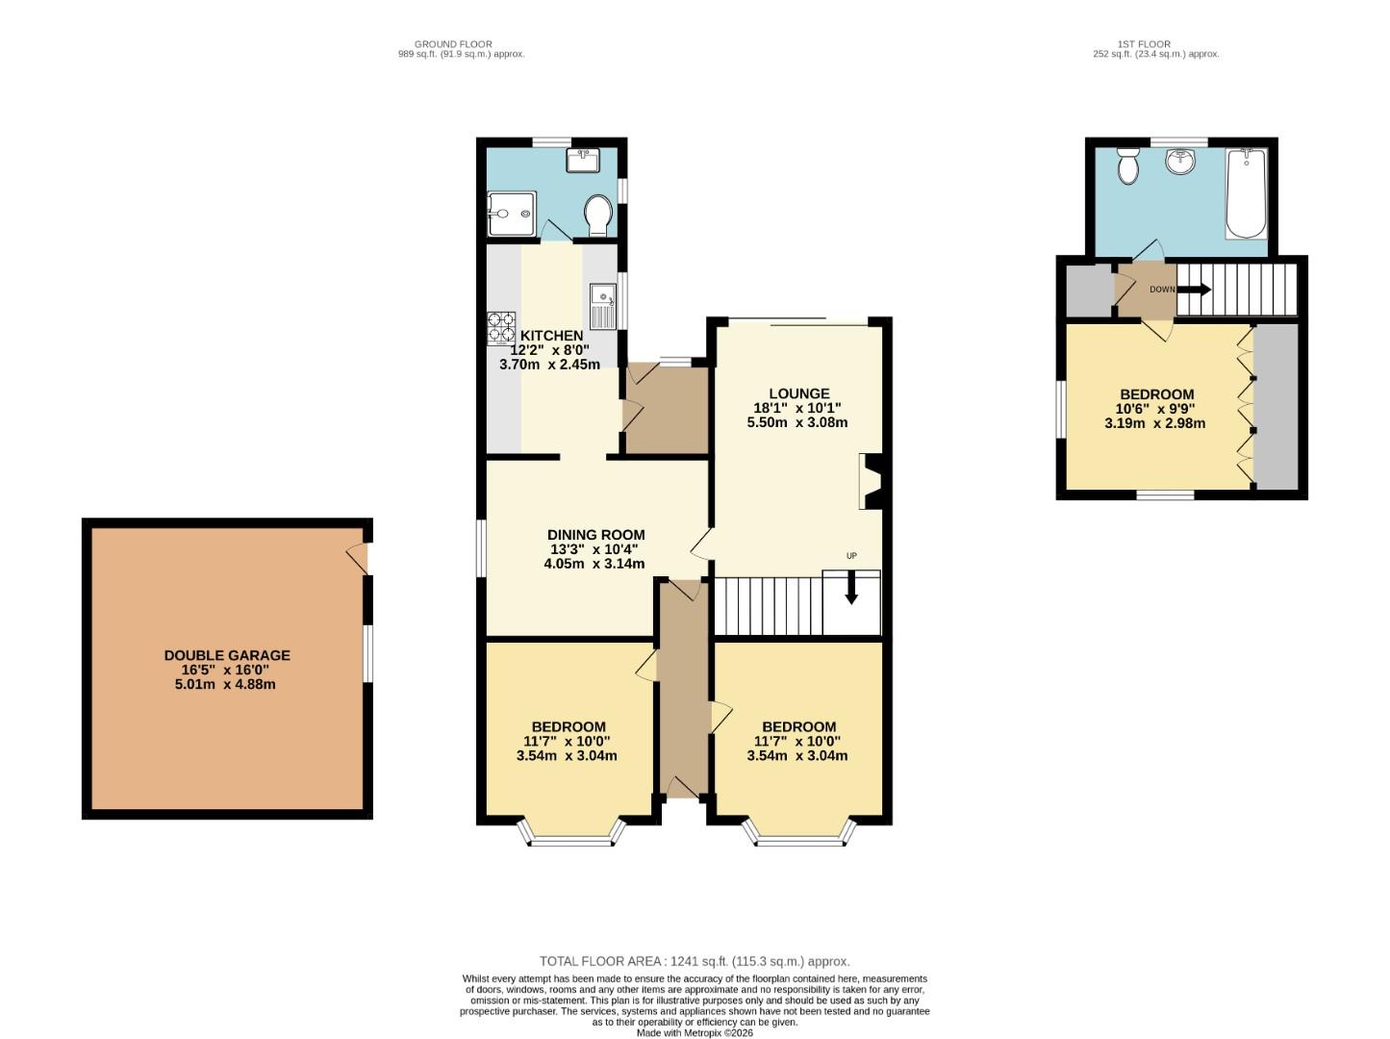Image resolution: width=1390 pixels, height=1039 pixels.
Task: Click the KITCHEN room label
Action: pyautogui.click(x=551, y=335)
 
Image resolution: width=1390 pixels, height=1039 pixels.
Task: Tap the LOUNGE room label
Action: pyautogui.click(x=798, y=393)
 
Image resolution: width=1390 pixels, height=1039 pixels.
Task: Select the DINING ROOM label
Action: pyautogui.click(x=595, y=535)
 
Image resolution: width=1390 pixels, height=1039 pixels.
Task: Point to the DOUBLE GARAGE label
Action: pyautogui.click(x=227, y=655)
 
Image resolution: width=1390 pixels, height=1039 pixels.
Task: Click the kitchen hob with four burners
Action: pyautogui.click(x=501, y=327)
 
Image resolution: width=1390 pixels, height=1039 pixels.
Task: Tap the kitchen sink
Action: pyautogui.click(x=601, y=305)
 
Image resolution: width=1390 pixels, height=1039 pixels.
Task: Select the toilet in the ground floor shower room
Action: pyautogui.click(x=598, y=215)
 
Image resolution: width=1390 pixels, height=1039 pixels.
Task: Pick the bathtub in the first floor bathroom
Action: pyautogui.click(x=1247, y=192)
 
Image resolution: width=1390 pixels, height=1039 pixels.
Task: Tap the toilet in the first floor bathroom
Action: pyautogui.click(x=1127, y=166)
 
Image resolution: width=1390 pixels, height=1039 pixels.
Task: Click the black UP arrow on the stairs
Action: pyautogui.click(x=851, y=588)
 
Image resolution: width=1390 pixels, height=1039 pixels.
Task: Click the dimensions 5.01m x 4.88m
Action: pyautogui.click(x=227, y=684)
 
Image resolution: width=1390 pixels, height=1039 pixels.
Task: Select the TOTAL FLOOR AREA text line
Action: pyautogui.click(x=695, y=961)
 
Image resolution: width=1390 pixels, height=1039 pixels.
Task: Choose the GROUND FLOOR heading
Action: pyautogui.click(x=453, y=44)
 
